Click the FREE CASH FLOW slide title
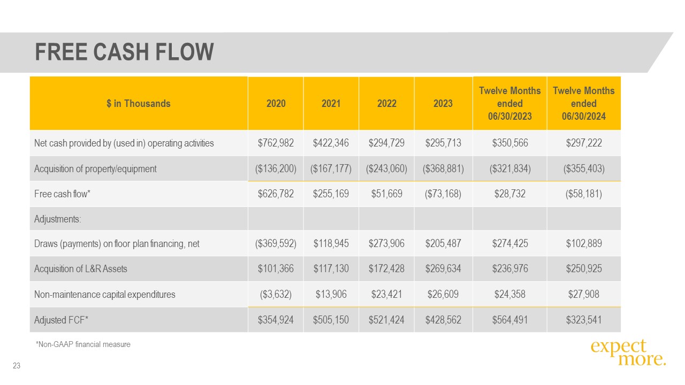pyautogui.click(x=124, y=52)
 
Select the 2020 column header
pyautogui.click(x=276, y=104)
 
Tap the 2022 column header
pyautogui.click(x=386, y=104)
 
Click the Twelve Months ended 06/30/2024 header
pyautogui.click(x=583, y=103)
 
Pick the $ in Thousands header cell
pyautogui.click(x=138, y=104)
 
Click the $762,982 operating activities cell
pyautogui.click(x=276, y=143)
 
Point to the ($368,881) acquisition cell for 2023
pyautogui.click(x=443, y=169)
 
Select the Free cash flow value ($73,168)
pyautogui.click(x=443, y=194)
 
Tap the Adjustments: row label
pyautogui.click(x=58, y=219)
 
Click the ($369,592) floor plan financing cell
pyautogui.click(x=276, y=244)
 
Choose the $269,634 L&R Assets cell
pyautogui.click(x=443, y=269)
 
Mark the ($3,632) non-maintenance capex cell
pyautogui.click(x=276, y=294)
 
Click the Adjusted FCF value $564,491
pyautogui.click(x=509, y=320)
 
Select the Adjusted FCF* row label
pyautogui.click(x=61, y=320)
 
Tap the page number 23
pyautogui.click(x=17, y=366)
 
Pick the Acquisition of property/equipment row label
pyautogui.click(x=95, y=169)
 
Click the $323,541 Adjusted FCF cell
pyautogui.click(x=583, y=320)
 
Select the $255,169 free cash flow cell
pyautogui.click(x=331, y=194)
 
